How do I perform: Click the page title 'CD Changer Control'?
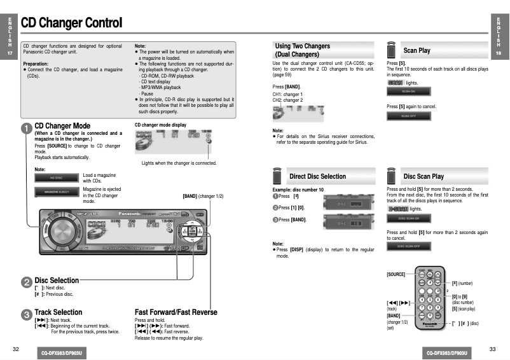click(x=71, y=24)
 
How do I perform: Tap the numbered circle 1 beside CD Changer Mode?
click(x=26, y=128)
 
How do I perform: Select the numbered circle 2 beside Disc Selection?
click(x=26, y=282)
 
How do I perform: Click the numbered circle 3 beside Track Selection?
click(x=26, y=314)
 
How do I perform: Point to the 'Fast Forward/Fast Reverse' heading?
click(x=176, y=312)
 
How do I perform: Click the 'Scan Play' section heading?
click(x=417, y=50)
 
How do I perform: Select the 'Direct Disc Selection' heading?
click(x=317, y=176)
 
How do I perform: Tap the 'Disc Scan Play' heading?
click(x=424, y=176)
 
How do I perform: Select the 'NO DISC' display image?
click(x=57, y=177)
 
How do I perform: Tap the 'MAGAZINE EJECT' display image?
click(x=57, y=191)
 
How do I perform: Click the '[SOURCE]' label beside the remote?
click(x=396, y=274)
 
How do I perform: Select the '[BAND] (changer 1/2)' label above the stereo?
click(x=203, y=196)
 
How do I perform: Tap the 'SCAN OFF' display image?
click(x=409, y=116)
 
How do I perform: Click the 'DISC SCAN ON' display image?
click(x=409, y=219)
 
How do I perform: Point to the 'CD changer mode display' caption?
click(x=160, y=125)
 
